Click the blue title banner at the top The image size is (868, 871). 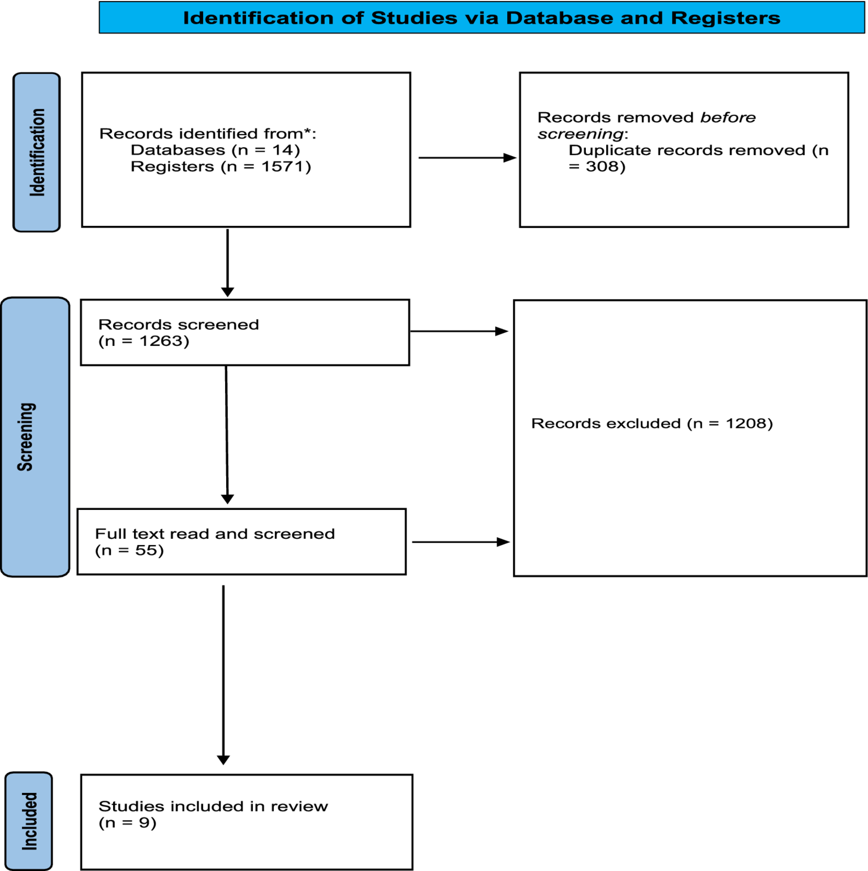click(481, 18)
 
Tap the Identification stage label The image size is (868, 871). click(37, 152)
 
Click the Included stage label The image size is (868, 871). click(29, 821)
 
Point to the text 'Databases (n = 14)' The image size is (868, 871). click(215, 150)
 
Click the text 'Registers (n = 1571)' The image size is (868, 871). click(221, 166)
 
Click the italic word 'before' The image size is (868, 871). click(728, 118)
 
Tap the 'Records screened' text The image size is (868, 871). click(179, 324)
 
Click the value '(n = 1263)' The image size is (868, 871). click(144, 341)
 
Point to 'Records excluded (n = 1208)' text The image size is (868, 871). click(651, 423)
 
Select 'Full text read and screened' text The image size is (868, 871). click(215, 534)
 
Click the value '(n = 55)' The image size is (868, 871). click(129, 550)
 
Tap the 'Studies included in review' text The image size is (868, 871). click(213, 806)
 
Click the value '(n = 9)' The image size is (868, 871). click(127, 822)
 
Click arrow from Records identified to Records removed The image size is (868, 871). click(467, 157)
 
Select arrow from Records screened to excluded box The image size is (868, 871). click(459, 331)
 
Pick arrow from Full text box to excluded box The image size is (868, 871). click(460, 542)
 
